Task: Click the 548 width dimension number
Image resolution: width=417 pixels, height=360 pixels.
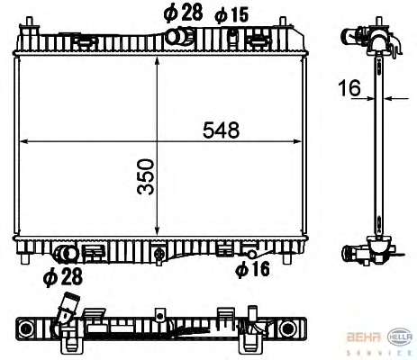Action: [x=222, y=130]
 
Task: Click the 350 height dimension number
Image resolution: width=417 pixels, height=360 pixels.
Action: [x=146, y=177]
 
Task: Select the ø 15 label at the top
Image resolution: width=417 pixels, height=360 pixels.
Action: [x=231, y=14]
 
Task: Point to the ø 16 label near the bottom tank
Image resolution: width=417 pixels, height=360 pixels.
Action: [x=252, y=269]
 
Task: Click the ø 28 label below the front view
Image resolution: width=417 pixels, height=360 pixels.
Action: [x=63, y=277]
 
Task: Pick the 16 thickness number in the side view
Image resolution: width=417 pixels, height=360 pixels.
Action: [x=349, y=88]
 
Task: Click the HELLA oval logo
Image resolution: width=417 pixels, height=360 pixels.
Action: [x=401, y=337]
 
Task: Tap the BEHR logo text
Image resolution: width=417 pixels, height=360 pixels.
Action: [x=364, y=337]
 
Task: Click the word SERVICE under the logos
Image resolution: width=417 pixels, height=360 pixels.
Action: [x=380, y=353]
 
